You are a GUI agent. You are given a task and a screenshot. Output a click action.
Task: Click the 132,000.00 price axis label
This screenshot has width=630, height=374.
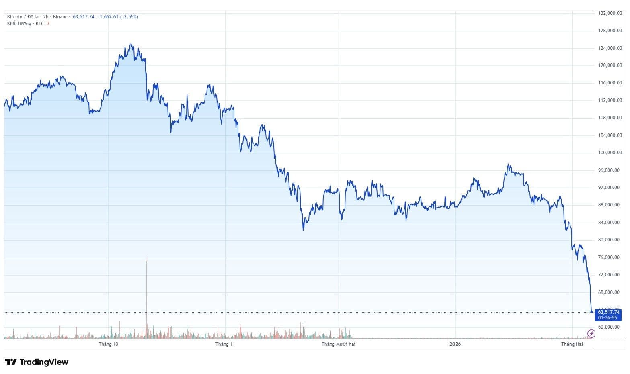click(x=610, y=13)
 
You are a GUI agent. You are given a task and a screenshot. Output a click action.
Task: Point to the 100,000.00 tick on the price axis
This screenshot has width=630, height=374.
click(x=610, y=153)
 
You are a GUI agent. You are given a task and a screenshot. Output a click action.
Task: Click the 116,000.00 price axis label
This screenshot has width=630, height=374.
click(x=610, y=83)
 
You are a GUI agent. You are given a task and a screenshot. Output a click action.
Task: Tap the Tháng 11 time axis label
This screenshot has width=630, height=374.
click(x=225, y=344)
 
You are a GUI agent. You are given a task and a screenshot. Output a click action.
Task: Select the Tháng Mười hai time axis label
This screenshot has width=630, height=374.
click(x=339, y=344)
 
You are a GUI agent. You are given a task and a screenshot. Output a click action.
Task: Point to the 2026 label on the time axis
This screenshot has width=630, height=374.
click(x=455, y=344)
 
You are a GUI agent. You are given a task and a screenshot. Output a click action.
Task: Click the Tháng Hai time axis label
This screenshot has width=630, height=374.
click(x=572, y=344)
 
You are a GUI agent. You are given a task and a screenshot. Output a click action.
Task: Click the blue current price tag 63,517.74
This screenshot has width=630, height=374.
click(x=609, y=312)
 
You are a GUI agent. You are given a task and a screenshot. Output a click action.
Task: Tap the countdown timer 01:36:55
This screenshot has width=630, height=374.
click(x=607, y=318)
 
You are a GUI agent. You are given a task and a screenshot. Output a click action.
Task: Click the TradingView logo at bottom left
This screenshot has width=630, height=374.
click(x=37, y=362)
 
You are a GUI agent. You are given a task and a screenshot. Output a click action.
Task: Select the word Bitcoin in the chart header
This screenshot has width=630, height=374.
click(x=15, y=17)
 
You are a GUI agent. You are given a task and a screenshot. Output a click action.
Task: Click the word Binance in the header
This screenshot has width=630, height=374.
click(x=62, y=17)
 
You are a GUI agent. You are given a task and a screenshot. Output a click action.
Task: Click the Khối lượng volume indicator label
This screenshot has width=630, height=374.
click(x=19, y=24)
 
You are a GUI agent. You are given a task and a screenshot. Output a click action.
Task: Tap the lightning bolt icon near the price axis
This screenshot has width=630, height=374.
click(x=591, y=333)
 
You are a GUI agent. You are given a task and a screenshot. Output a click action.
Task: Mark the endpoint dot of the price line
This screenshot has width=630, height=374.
click(x=591, y=312)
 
